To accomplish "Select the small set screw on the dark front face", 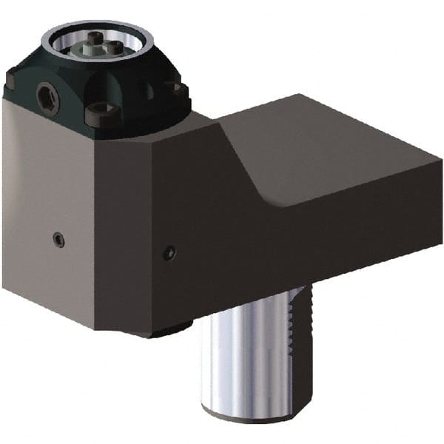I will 169,253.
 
